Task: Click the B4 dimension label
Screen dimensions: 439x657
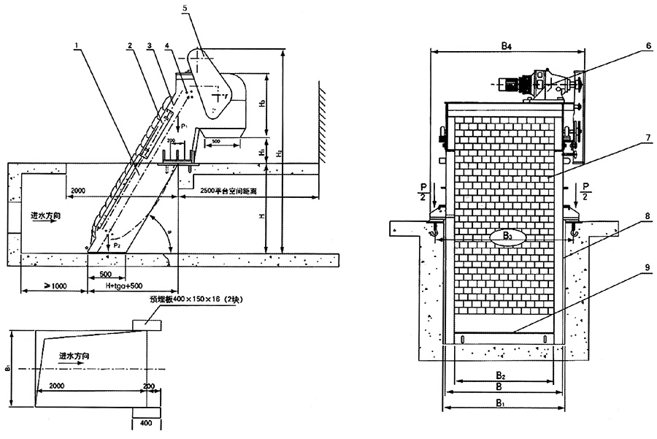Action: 507,46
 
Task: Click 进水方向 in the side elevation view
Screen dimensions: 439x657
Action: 43,217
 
